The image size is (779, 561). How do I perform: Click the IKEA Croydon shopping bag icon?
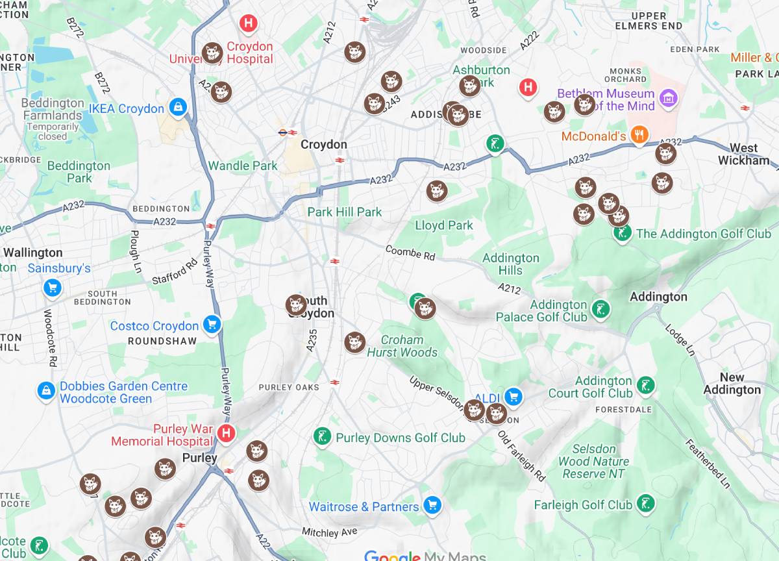pyautogui.click(x=177, y=107)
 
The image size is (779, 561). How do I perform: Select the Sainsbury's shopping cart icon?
pyautogui.click(x=52, y=288)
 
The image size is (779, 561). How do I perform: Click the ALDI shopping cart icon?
pyautogui.click(x=513, y=395)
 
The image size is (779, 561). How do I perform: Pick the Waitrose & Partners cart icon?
pyautogui.click(x=432, y=505)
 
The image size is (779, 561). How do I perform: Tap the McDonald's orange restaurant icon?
pyautogui.click(x=639, y=135)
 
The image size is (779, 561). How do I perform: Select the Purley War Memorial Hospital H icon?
pyautogui.click(x=226, y=433)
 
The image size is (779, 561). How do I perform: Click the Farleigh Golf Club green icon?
pyautogui.click(x=645, y=503)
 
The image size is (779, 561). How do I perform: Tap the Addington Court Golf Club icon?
pyautogui.click(x=645, y=384)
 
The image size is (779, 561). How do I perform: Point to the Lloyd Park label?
pyautogui.click(x=444, y=225)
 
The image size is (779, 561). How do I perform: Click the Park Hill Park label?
pyautogui.click(x=345, y=212)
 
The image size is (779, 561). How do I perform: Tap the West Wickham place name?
pyautogui.click(x=743, y=154)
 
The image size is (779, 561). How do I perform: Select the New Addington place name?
pyautogui.click(x=732, y=383)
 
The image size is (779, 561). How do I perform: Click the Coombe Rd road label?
pyautogui.click(x=410, y=253)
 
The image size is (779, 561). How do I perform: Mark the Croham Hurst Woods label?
pyautogui.click(x=402, y=346)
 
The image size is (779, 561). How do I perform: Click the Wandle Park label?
pyautogui.click(x=243, y=166)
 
